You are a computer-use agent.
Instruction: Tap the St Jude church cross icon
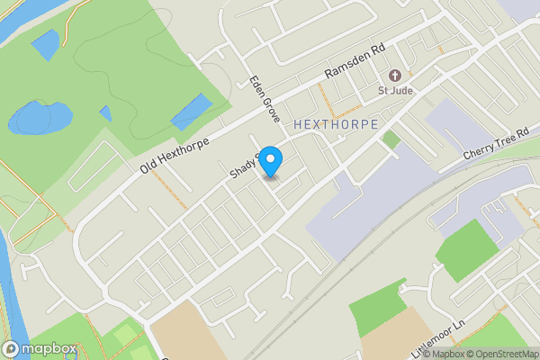tap(393, 76)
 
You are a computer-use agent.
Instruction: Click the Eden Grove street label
tap(266, 99)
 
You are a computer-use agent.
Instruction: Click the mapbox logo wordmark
tap(42, 348)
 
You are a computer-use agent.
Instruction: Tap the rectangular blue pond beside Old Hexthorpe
tap(192, 112)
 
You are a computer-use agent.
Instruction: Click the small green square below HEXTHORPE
tap(391, 139)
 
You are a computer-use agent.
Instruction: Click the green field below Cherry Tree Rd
tap(467, 248)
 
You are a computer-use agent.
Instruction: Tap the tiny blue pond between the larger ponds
tap(105, 113)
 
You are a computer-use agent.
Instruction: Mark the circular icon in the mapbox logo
tap(11, 348)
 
